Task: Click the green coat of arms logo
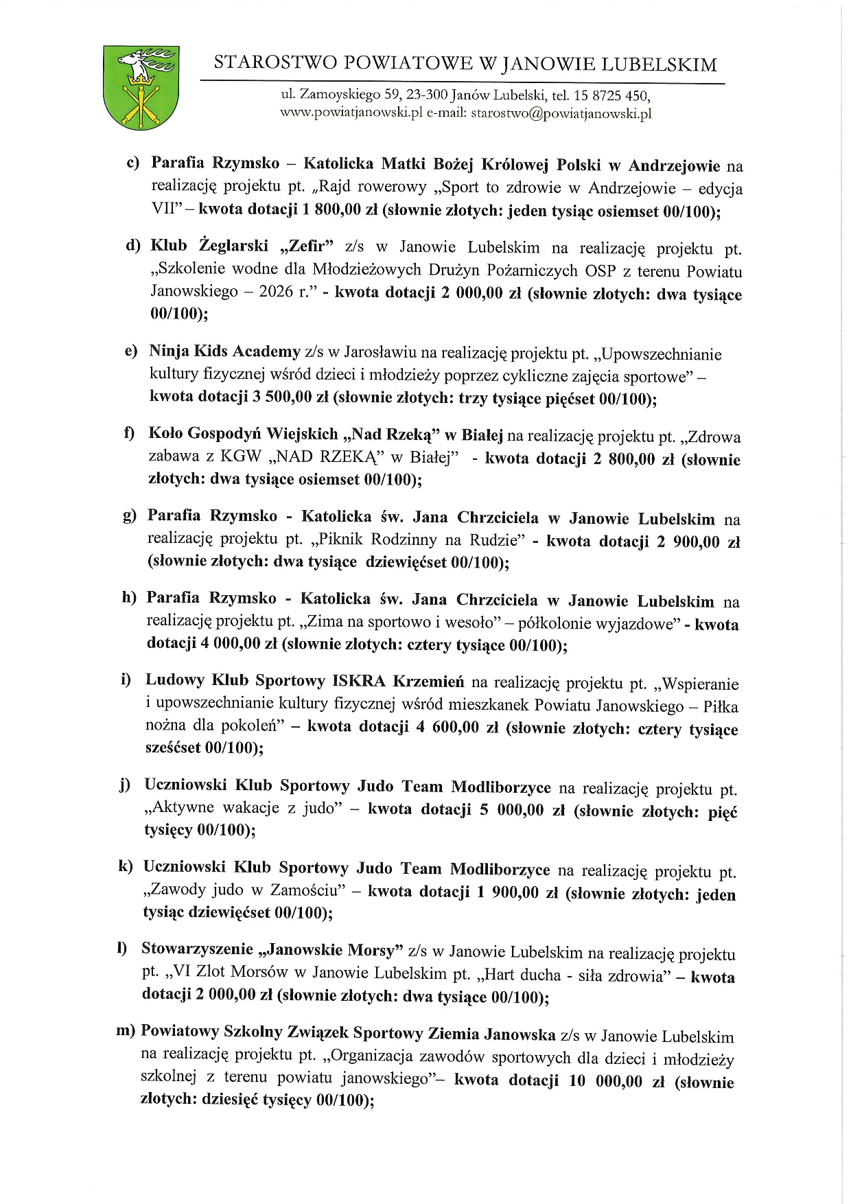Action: (x=141, y=87)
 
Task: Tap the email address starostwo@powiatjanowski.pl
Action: (x=561, y=114)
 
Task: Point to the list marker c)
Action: (x=132, y=163)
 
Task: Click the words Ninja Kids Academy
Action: (x=224, y=351)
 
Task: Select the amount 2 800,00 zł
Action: (x=633, y=459)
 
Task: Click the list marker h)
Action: (x=129, y=598)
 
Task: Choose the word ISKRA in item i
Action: (x=358, y=681)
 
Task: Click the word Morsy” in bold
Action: (x=375, y=951)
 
